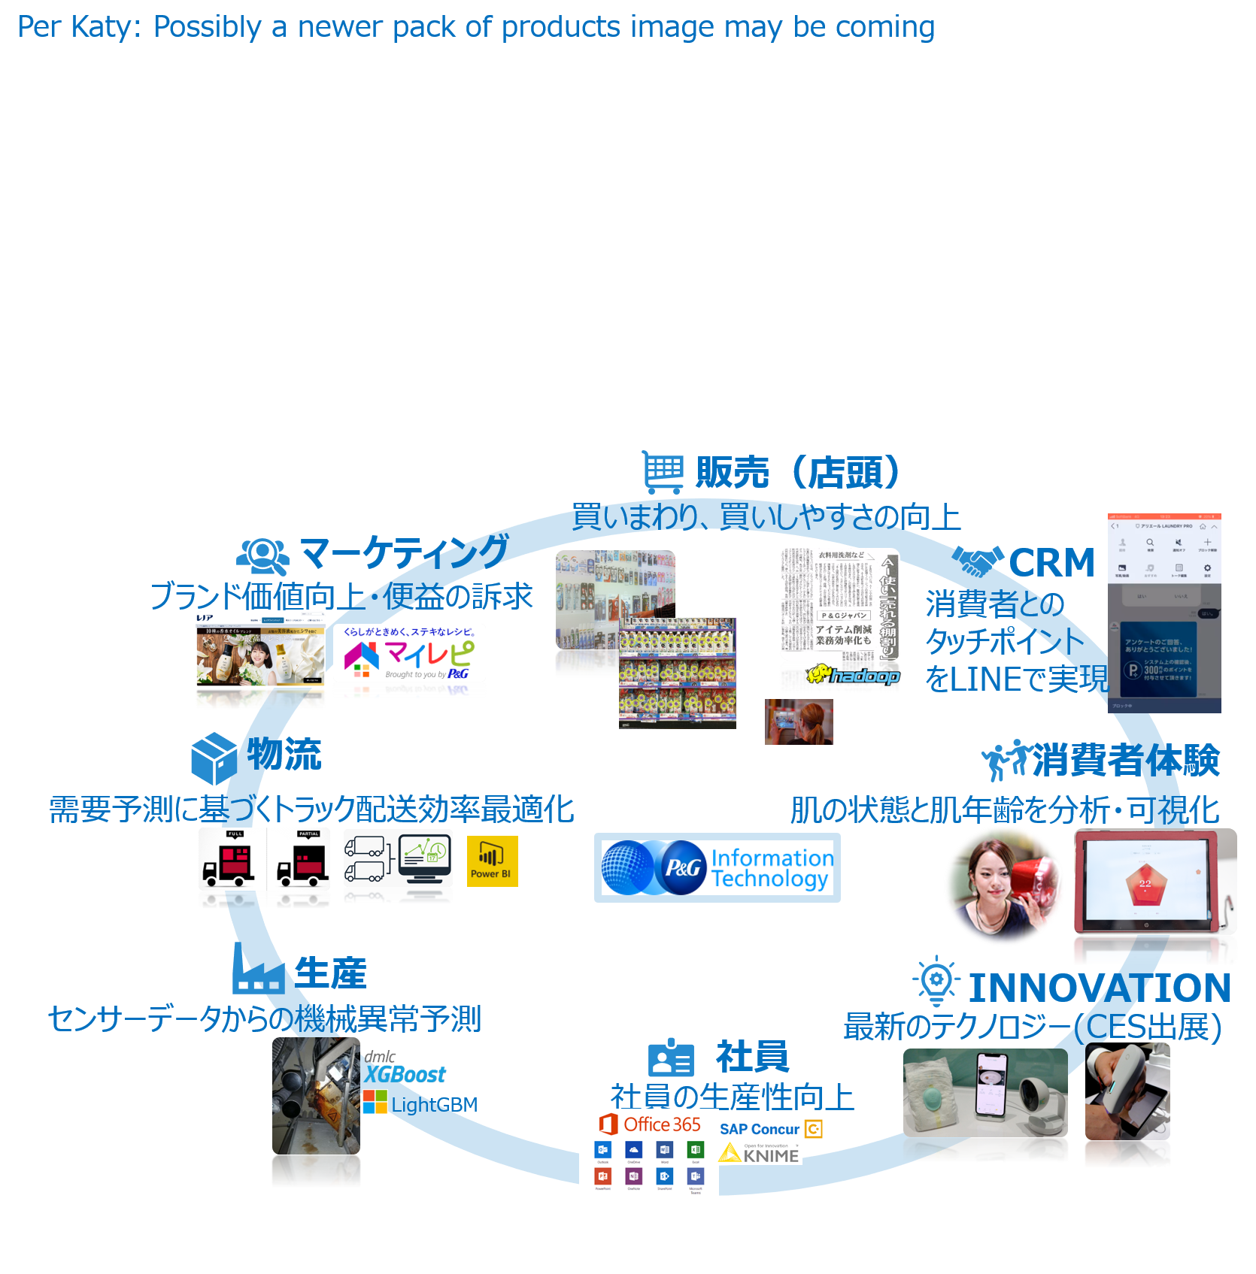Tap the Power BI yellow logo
(x=492, y=861)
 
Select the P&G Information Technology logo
(x=717, y=867)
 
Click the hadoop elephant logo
(x=853, y=675)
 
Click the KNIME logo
(x=760, y=1154)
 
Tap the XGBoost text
(x=405, y=1075)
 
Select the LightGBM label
(x=433, y=1104)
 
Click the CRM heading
(x=1051, y=563)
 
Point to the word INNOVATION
(x=1099, y=988)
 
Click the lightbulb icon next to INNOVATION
(x=936, y=980)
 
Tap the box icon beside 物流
(x=214, y=757)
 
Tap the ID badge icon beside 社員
(x=670, y=1058)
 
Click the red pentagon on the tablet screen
(x=1145, y=884)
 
